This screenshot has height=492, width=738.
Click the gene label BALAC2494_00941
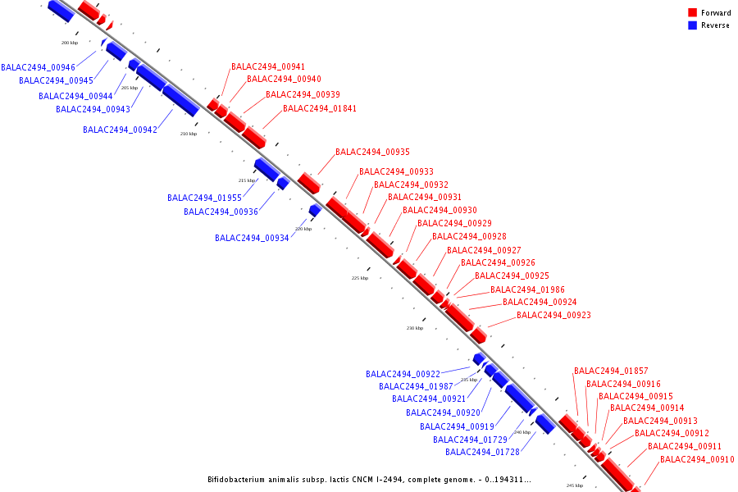[x=268, y=66]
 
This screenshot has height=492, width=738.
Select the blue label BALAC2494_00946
[x=38, y=67]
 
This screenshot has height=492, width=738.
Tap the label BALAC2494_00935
[x=372, y=152]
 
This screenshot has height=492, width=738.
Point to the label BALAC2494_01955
[x=204, y=198]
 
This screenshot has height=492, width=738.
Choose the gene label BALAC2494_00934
[x=252, y=238]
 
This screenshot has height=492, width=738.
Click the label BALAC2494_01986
[x=527, y=289]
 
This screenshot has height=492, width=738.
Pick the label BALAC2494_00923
[x=553, y=315]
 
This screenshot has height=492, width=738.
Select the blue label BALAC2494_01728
[x=482, y=452]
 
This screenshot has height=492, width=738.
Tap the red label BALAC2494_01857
[x=611, y=371]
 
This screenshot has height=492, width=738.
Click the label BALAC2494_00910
[x=697, y=459]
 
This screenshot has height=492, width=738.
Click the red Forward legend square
[x=692, y=13]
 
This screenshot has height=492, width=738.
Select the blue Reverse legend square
[x=692, y=25]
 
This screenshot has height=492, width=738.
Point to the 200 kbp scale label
[x=70, y=42]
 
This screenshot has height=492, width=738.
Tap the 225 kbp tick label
[x=360, y=278]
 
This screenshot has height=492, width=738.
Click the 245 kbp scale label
[x=575, y=485]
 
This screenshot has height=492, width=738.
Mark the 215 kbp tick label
[x=247, y=180]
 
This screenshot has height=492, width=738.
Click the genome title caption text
[x=369, y=479]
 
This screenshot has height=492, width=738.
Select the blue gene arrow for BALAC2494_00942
[x=180, y=100]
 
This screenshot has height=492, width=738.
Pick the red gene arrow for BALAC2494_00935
[x=309, y=183]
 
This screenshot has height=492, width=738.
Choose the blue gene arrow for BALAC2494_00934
[x=314, y=211]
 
